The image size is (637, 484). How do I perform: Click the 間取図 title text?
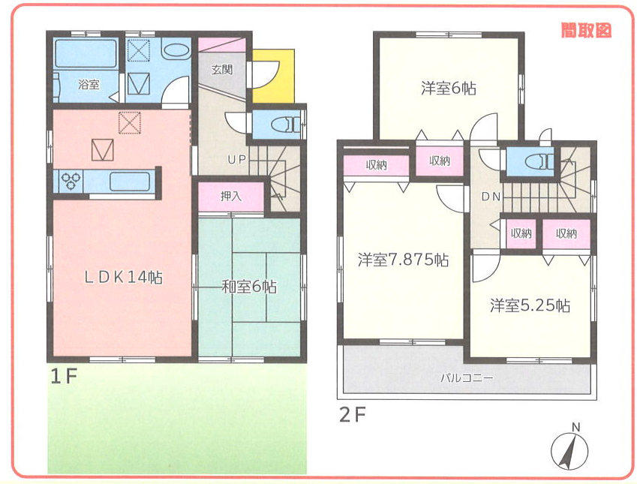click(586, 30)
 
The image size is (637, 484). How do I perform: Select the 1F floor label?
click(63, 377)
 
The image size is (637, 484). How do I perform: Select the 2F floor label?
click(353, 415)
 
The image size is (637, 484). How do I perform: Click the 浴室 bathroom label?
click(89, 85)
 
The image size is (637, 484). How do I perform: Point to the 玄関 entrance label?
click(222, 70)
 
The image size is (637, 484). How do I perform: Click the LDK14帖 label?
click(124, 277)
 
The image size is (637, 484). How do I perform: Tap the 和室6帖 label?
click(249, 287)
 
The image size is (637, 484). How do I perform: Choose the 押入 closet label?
click(231, 197)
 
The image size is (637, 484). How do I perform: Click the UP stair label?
click(236, 160)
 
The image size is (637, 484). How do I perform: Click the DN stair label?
click(491, 197)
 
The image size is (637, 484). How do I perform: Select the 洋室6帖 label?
click(449, 89)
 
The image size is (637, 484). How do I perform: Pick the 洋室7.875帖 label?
click(403, 260)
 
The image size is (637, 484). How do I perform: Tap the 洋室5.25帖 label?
click(530, 305)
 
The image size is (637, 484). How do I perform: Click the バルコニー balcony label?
click(467, 378)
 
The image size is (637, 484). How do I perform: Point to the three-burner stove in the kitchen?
click(68, 182)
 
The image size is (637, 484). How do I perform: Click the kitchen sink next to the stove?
click(130, 182)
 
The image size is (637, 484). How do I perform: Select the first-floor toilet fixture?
click(286, 123)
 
